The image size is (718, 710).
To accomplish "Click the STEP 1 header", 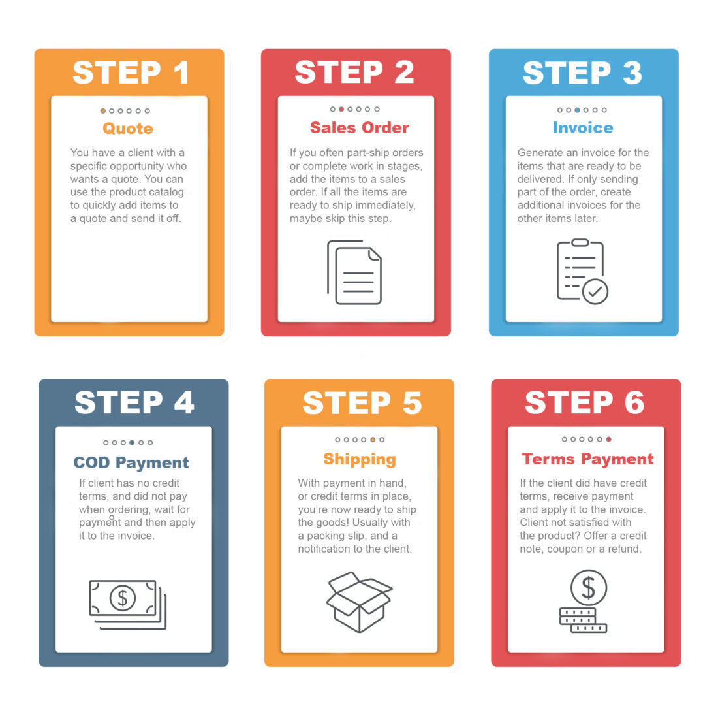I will [131, 73].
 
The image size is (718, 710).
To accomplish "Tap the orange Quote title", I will [128, 128].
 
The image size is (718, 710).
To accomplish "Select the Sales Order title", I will [360, 128].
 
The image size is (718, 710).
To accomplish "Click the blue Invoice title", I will [583, 128].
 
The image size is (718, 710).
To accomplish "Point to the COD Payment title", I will [131, 463].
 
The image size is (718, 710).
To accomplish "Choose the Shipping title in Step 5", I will [360, 459].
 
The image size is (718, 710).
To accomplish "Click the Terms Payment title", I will [587, 459].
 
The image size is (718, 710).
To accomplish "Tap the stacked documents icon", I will [354, 272].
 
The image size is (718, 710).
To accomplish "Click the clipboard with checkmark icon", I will [582, 271].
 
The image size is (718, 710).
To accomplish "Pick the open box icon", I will [359, 602].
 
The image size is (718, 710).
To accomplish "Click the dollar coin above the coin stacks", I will [588, 587].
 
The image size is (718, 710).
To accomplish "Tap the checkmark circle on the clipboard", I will [595, 292].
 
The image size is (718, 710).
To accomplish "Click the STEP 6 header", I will [585, 403].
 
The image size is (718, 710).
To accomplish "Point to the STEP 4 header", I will [134, 403].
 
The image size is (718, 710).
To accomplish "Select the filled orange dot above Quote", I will [103, 111].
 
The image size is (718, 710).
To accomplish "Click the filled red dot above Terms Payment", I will [608, 440].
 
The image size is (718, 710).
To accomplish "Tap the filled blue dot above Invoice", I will [577, 110].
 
